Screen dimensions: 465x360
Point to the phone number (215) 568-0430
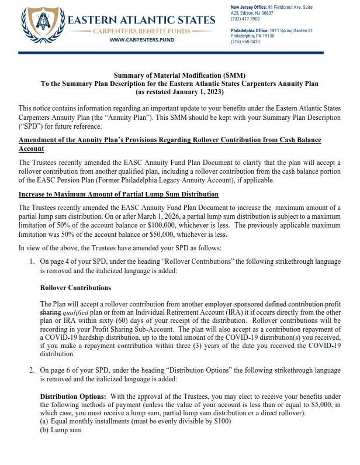(246, 42)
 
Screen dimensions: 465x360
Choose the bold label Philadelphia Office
(250, 30)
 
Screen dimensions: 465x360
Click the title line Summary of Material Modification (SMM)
(179, 75)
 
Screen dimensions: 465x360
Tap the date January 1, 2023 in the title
(196, 92)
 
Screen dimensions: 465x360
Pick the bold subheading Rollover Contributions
(75, 288)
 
